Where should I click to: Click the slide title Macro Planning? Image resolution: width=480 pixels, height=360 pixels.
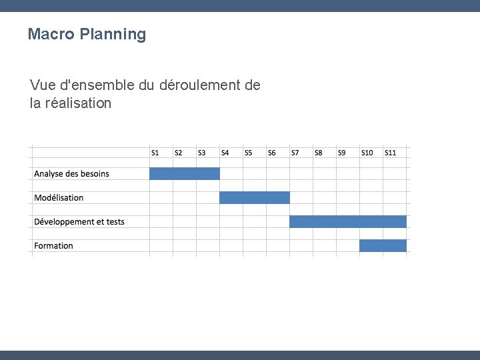click(87, 34)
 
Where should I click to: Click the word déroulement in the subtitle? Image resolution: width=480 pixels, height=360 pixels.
click(199, 85)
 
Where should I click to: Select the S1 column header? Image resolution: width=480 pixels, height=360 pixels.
click(155, 153)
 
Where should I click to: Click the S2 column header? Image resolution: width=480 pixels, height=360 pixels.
click(178, 153)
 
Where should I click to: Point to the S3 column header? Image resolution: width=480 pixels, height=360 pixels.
click(201, 153)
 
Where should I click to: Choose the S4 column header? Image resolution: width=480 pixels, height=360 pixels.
click(225, 153)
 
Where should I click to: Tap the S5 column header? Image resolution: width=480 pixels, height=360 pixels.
click(248, 153)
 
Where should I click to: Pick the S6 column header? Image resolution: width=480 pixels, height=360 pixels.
click(271, 153)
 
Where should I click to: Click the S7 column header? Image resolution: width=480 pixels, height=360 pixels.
click(295, 153)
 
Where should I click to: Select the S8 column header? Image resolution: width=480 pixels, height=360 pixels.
click(318, 153)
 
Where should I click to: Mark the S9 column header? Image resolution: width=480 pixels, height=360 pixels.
click(341, 153)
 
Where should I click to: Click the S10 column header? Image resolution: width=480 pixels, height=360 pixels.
click(367, 153)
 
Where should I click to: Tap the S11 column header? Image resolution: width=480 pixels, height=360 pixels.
click(390, 153)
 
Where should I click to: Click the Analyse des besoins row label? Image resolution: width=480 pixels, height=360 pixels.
click(71, 174)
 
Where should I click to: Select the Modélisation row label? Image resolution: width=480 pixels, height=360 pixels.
click(59, 198)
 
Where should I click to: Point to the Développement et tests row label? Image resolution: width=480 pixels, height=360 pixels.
click(79, 222)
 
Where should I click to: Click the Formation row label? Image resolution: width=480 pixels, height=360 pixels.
click(53, 246)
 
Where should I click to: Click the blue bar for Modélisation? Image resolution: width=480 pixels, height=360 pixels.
click(254, 197)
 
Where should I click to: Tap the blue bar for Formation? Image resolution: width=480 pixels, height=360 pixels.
click(383, 245)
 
